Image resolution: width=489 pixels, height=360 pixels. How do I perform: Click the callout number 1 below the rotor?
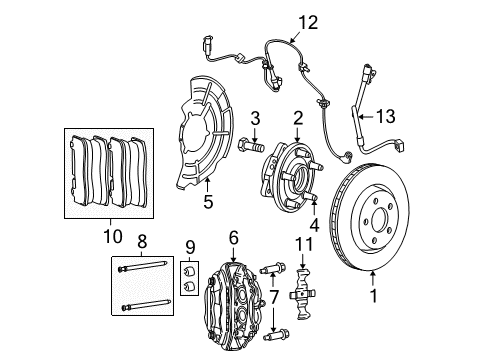(374, 296)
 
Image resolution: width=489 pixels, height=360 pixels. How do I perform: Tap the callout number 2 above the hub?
(297, 119)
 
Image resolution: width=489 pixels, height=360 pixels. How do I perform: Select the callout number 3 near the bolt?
(255, 119)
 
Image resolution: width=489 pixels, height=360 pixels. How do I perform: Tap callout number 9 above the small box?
(190, 245)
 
